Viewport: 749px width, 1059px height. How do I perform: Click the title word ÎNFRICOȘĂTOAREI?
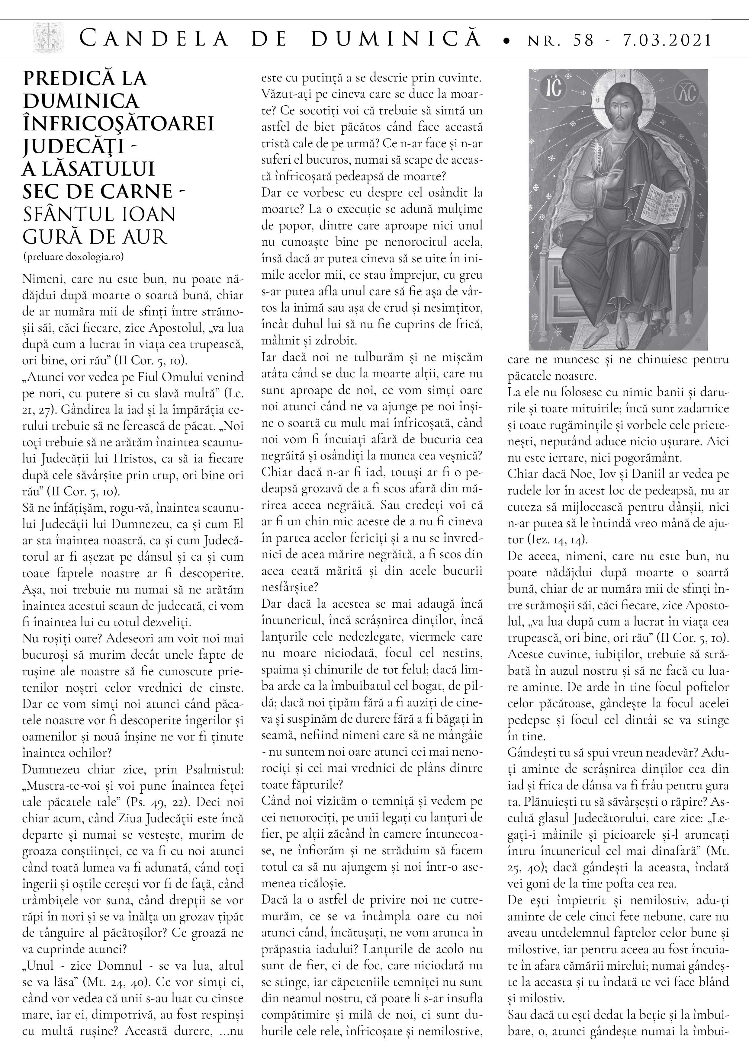[x=118, y=123]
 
